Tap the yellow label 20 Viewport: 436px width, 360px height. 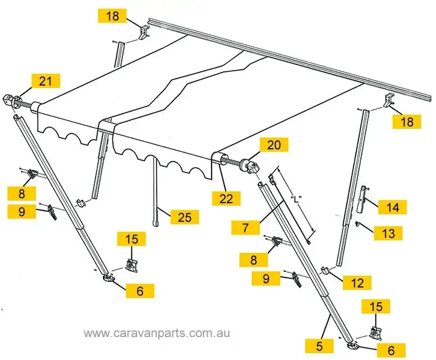click(x=274, y=145)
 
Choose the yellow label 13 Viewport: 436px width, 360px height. click(x=389, y=233)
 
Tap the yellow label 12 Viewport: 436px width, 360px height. click(x=357, y=283)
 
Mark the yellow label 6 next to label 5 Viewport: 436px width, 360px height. click(x=390, y=349)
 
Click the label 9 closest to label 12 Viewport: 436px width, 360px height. click(x=266, y=279)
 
